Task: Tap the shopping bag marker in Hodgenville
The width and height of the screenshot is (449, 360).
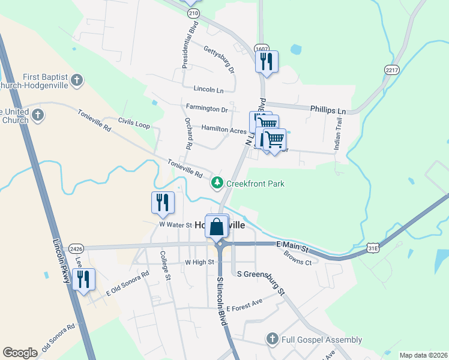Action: (217, 227)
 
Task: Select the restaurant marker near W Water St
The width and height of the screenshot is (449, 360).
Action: (162, 203)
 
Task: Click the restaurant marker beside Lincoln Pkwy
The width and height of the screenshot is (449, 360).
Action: (83, 279)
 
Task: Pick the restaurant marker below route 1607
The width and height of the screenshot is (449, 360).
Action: (266, 62)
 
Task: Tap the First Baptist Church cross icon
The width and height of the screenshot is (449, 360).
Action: (76, 80)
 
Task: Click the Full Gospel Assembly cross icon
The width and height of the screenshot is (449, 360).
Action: (273, 340)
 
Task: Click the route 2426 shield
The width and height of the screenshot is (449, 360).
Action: (76, 248)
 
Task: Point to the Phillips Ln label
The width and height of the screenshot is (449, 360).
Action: (328, 110)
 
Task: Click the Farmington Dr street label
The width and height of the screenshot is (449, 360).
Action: (207, 109)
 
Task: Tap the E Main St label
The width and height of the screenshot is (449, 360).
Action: (292, 247)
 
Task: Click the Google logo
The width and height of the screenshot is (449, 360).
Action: (20, 352)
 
